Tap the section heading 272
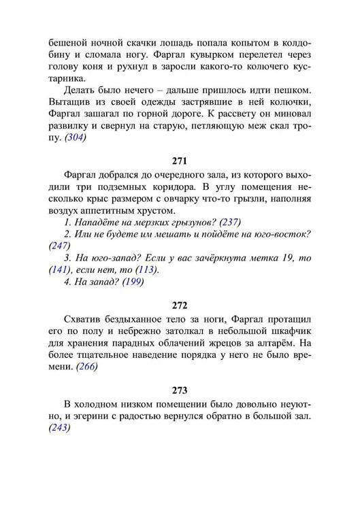coord(180,306)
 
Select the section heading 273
coord(180,390)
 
